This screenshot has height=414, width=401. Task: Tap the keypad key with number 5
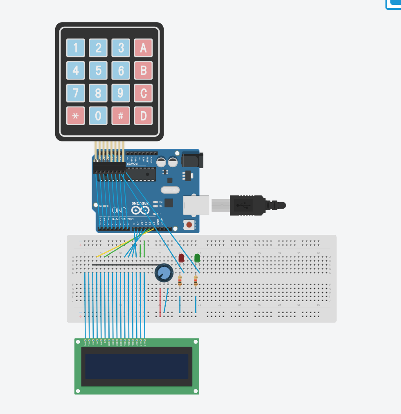pos(98,71)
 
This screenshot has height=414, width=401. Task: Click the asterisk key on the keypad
pos(75,116)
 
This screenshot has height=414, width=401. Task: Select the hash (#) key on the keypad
pos(121,116)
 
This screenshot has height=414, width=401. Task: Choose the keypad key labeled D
pos(143,116)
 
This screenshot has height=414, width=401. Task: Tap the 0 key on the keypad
pos(98,116)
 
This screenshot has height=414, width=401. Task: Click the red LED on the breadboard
pos(182,258)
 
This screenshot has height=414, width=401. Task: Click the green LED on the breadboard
pos(197,258)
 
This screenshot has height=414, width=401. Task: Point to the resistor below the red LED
pos(180,281)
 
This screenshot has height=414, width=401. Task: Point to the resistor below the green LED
pos(196,281)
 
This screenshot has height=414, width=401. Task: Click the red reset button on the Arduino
pos(189,224)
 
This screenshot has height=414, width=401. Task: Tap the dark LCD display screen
pos(137,366)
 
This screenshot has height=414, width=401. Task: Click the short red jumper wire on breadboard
pos(160,302)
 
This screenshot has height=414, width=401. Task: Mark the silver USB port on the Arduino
pos(196,205)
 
